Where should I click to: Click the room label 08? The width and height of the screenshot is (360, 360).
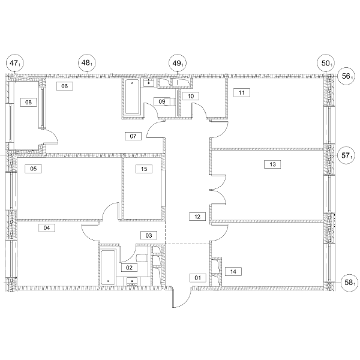pos(29,102)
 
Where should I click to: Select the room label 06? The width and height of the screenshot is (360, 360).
pos(65,86)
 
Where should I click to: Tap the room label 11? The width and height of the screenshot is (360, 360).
pos(242,93)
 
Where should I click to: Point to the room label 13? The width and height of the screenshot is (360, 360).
pos(272,164)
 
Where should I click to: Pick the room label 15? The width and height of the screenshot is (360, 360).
pos(144,169)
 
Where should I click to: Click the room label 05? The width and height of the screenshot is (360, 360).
pos(33,169)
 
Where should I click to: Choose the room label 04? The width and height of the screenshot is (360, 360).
pos(47,228)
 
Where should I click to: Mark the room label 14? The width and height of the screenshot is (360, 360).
pos(233,272)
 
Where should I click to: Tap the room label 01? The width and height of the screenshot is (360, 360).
pos(197,278)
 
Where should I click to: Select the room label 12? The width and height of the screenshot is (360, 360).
pos(197,217)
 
